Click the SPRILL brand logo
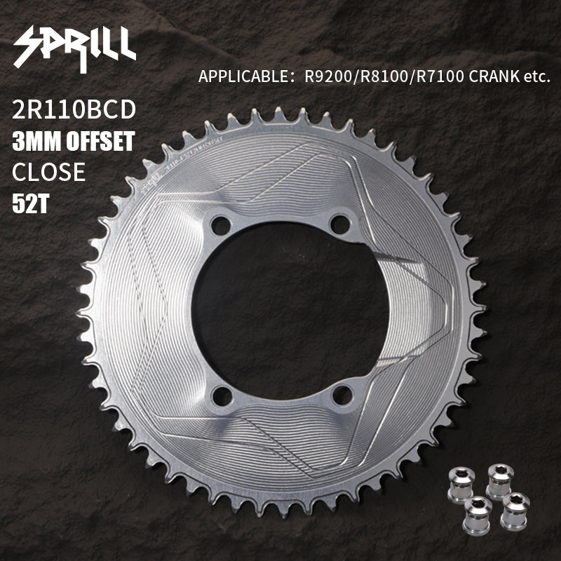pos(75,48)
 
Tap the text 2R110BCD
pos(74,109)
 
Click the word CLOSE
pos(48,172)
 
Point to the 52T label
pos(30,203)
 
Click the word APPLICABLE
pos(243,76)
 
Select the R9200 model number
pos(328,76)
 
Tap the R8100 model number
pos(384,76)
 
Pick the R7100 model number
pos(440,76)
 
